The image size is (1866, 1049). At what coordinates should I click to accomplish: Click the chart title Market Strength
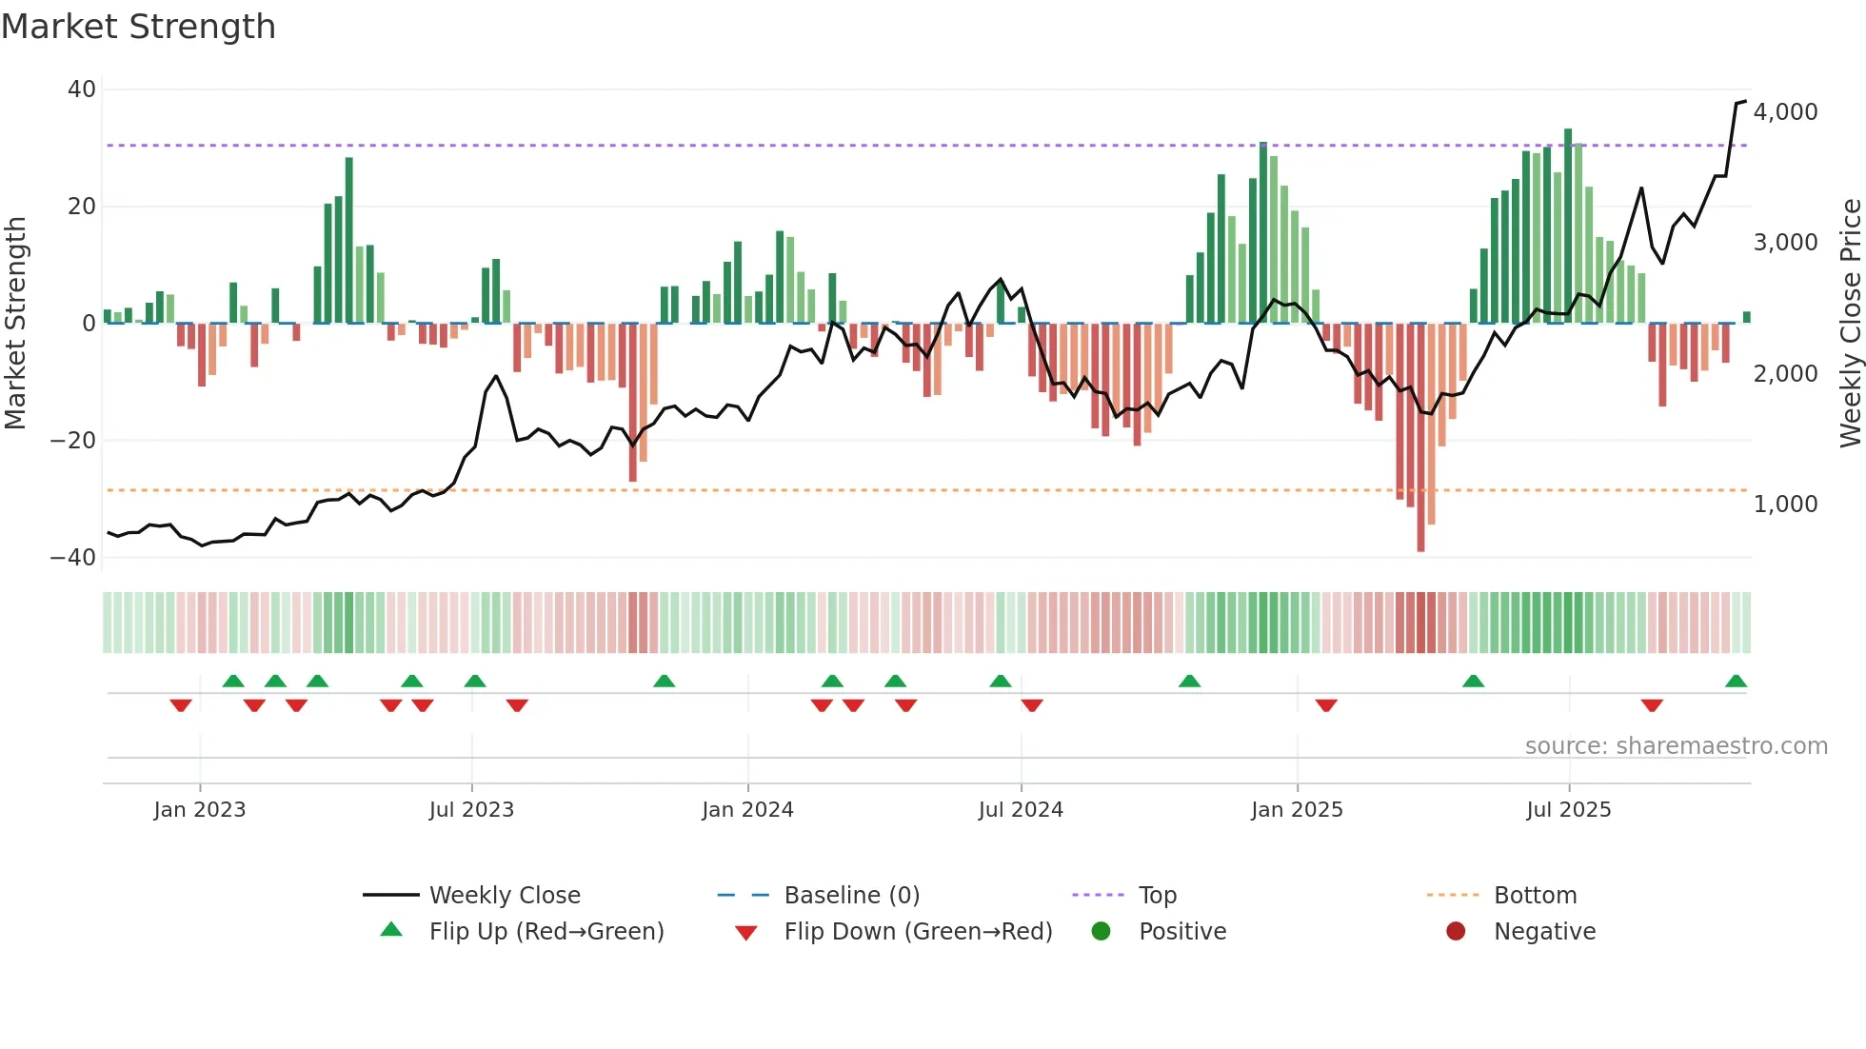[x=138, y=27]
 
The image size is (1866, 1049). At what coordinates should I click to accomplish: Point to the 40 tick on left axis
[x=82, y=89]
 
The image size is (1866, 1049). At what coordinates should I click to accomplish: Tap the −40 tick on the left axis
[x=73, y=558]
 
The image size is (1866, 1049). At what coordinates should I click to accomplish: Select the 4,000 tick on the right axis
[x=1785, y=112]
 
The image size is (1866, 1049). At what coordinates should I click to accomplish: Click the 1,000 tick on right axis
[x=1785, y=505]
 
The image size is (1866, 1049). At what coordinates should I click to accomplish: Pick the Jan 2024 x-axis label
[x=747, y=810]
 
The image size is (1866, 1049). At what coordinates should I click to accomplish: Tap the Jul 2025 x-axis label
[x=1568, y=810]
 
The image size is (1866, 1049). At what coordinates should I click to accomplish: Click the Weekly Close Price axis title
[x=1850, y=324]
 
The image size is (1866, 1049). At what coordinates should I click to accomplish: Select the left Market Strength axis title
[x=16, y=324]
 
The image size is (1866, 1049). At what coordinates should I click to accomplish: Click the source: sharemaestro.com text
[x=1676, y=746]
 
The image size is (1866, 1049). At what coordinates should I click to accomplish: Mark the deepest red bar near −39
[x=1420, y=438]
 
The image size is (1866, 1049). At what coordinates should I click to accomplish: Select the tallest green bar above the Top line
[x=1567, y=227]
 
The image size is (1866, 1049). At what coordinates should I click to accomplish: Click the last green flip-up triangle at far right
[x=1736, y=682]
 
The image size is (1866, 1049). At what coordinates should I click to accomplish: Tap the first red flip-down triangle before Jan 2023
[x=181, y=705]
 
